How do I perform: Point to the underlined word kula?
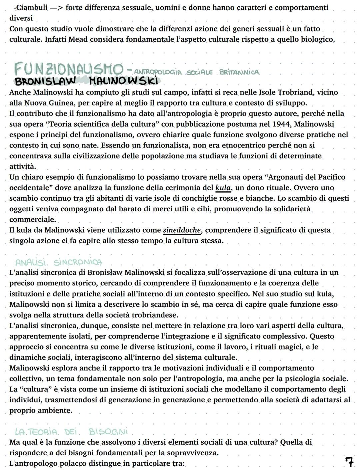click(223, 188)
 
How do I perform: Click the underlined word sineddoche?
click(182, 230)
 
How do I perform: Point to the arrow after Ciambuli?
click(54, 8)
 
